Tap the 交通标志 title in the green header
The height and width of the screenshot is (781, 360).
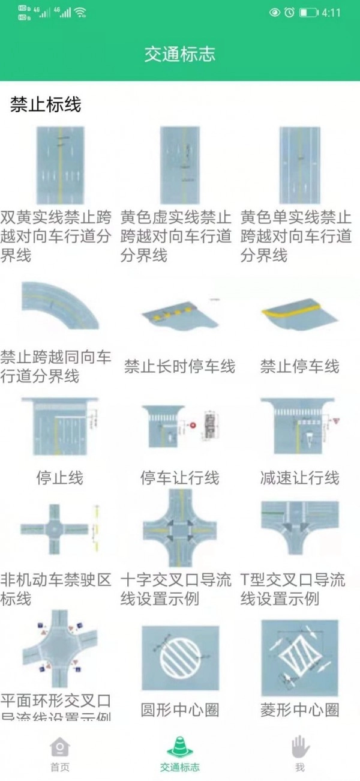tap(179, 55)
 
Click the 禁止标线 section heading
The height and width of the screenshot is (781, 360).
tap(46, 105)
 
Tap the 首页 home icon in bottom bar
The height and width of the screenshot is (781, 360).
tap(60, 747)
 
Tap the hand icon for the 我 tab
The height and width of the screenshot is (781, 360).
tap(299, 747)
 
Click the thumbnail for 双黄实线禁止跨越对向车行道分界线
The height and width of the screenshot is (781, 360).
tap(60, 164)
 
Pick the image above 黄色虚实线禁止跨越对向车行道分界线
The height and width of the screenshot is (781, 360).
tap(179, 164)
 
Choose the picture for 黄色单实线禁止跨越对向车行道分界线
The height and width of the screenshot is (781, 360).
tap(299, 164)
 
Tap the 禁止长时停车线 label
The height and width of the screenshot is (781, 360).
tap(179, 366)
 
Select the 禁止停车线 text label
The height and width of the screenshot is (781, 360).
tap(299, 366)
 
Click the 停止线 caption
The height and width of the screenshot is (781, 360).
tap(59, 478)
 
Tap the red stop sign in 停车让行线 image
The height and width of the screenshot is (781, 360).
tap(193, 425)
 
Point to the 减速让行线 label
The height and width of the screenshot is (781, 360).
tap(299, 478)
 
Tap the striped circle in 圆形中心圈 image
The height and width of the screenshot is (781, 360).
tap(180, 658)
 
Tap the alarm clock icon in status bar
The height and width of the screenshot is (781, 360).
tap(289, 13)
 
